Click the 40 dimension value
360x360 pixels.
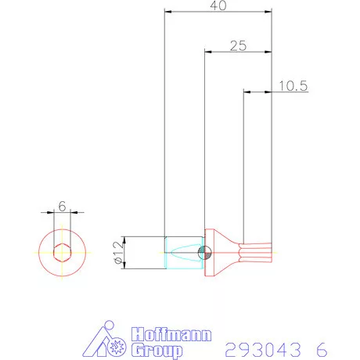218,6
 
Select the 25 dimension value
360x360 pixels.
238,46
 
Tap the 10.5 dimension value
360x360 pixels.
291,86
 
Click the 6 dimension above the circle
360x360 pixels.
61,207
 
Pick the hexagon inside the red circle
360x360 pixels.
61,253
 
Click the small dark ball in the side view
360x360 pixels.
204,253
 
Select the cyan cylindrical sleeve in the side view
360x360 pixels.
185,253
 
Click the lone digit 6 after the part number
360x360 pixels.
322,347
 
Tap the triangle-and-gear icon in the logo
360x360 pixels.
105,340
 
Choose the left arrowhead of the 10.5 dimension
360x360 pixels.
247,92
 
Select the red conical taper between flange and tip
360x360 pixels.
226,253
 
